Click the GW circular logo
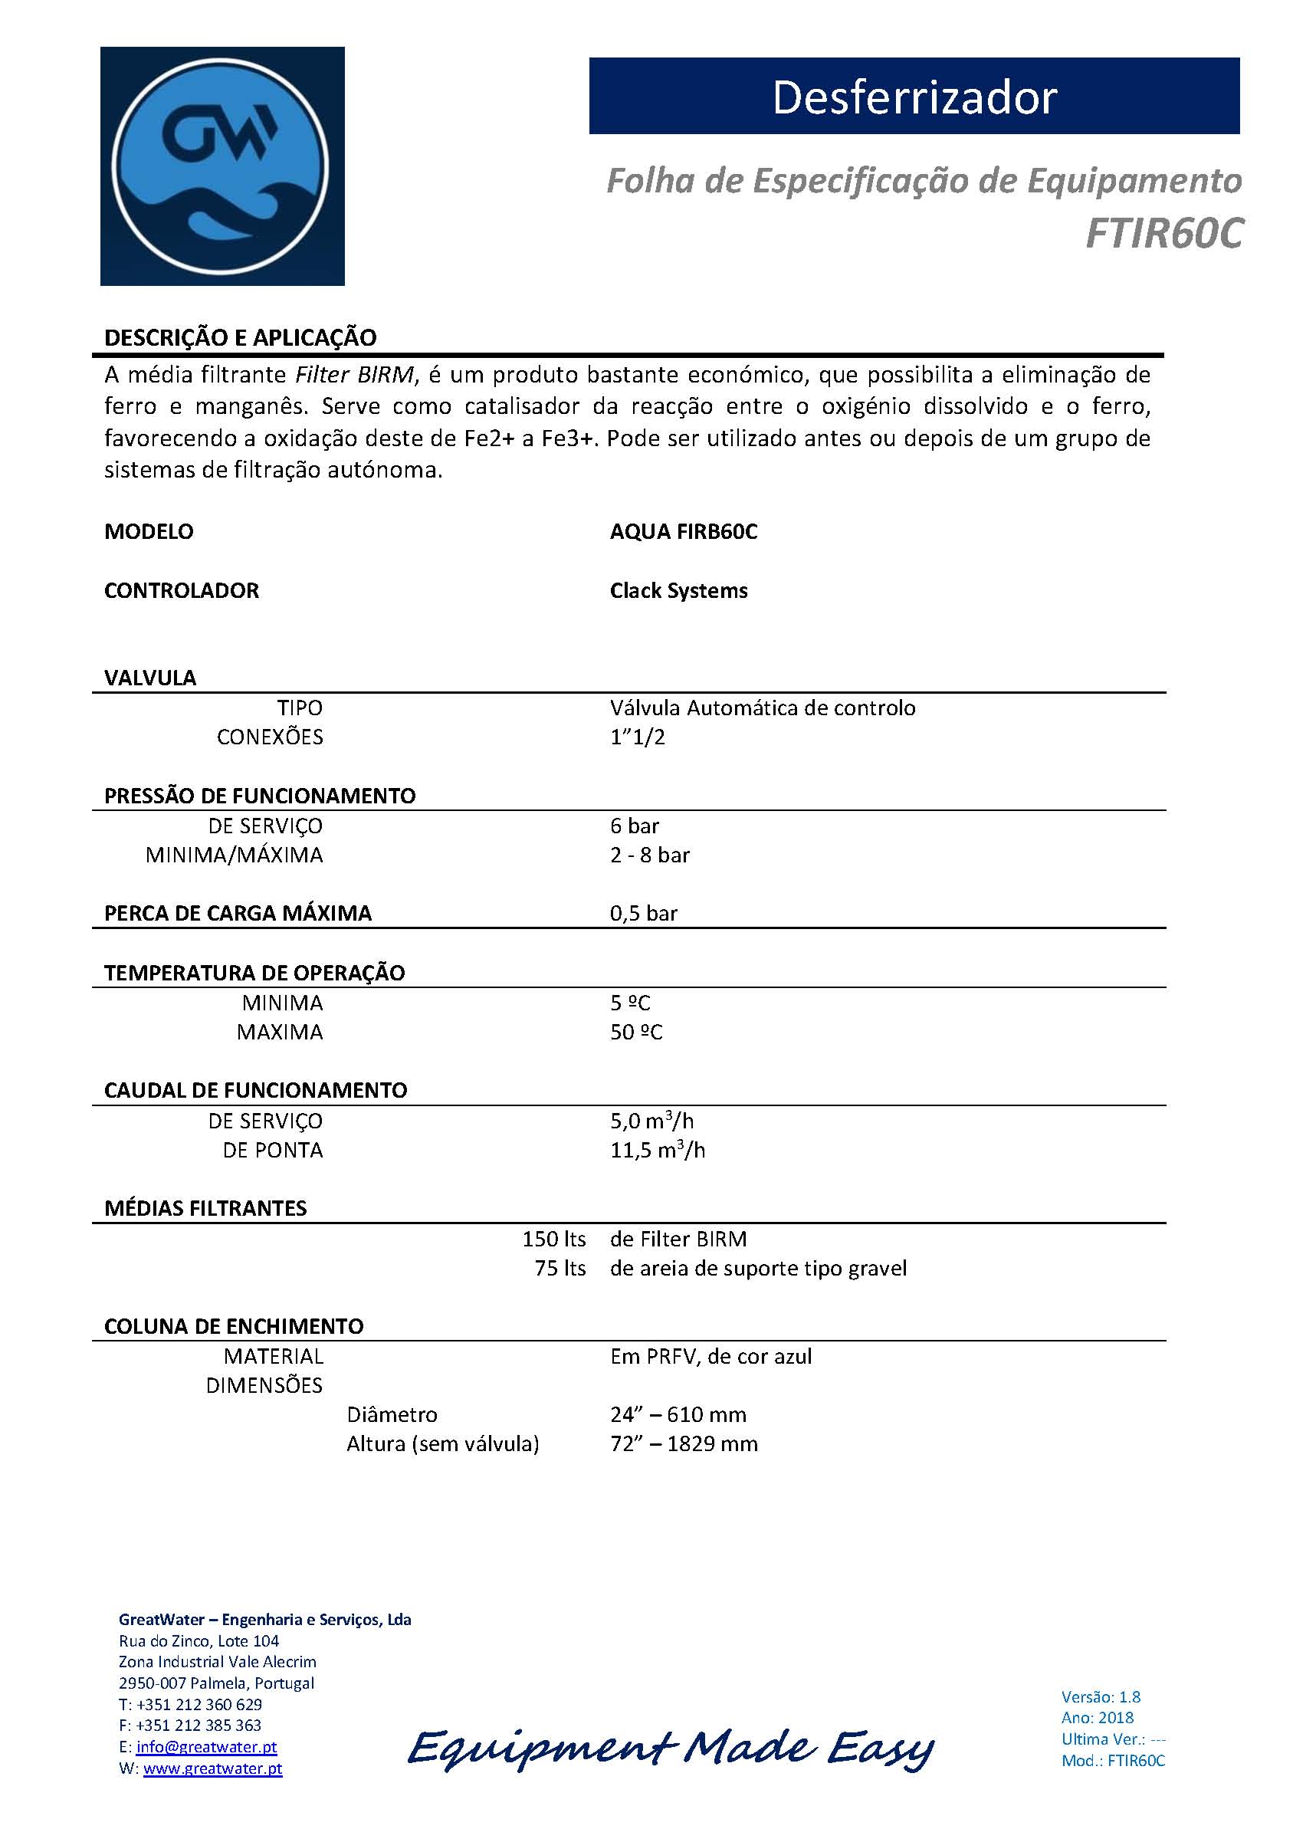point(222,166)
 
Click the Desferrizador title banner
point(914,97)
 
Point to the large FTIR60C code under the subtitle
point(1163,233)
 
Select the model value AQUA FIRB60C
point(684,531)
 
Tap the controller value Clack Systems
point(679,590)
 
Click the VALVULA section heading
point(149,678)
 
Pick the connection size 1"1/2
point(638,737)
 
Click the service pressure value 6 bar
point(634,826)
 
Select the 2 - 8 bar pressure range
point(649,855)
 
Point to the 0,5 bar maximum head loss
point(644,913)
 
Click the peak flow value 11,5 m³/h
point(658,1150)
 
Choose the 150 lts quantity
point(553,1239)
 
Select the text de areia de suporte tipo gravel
point(758,1268)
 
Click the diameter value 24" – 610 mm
point(678,1414)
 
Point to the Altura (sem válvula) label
point(442,1443)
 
